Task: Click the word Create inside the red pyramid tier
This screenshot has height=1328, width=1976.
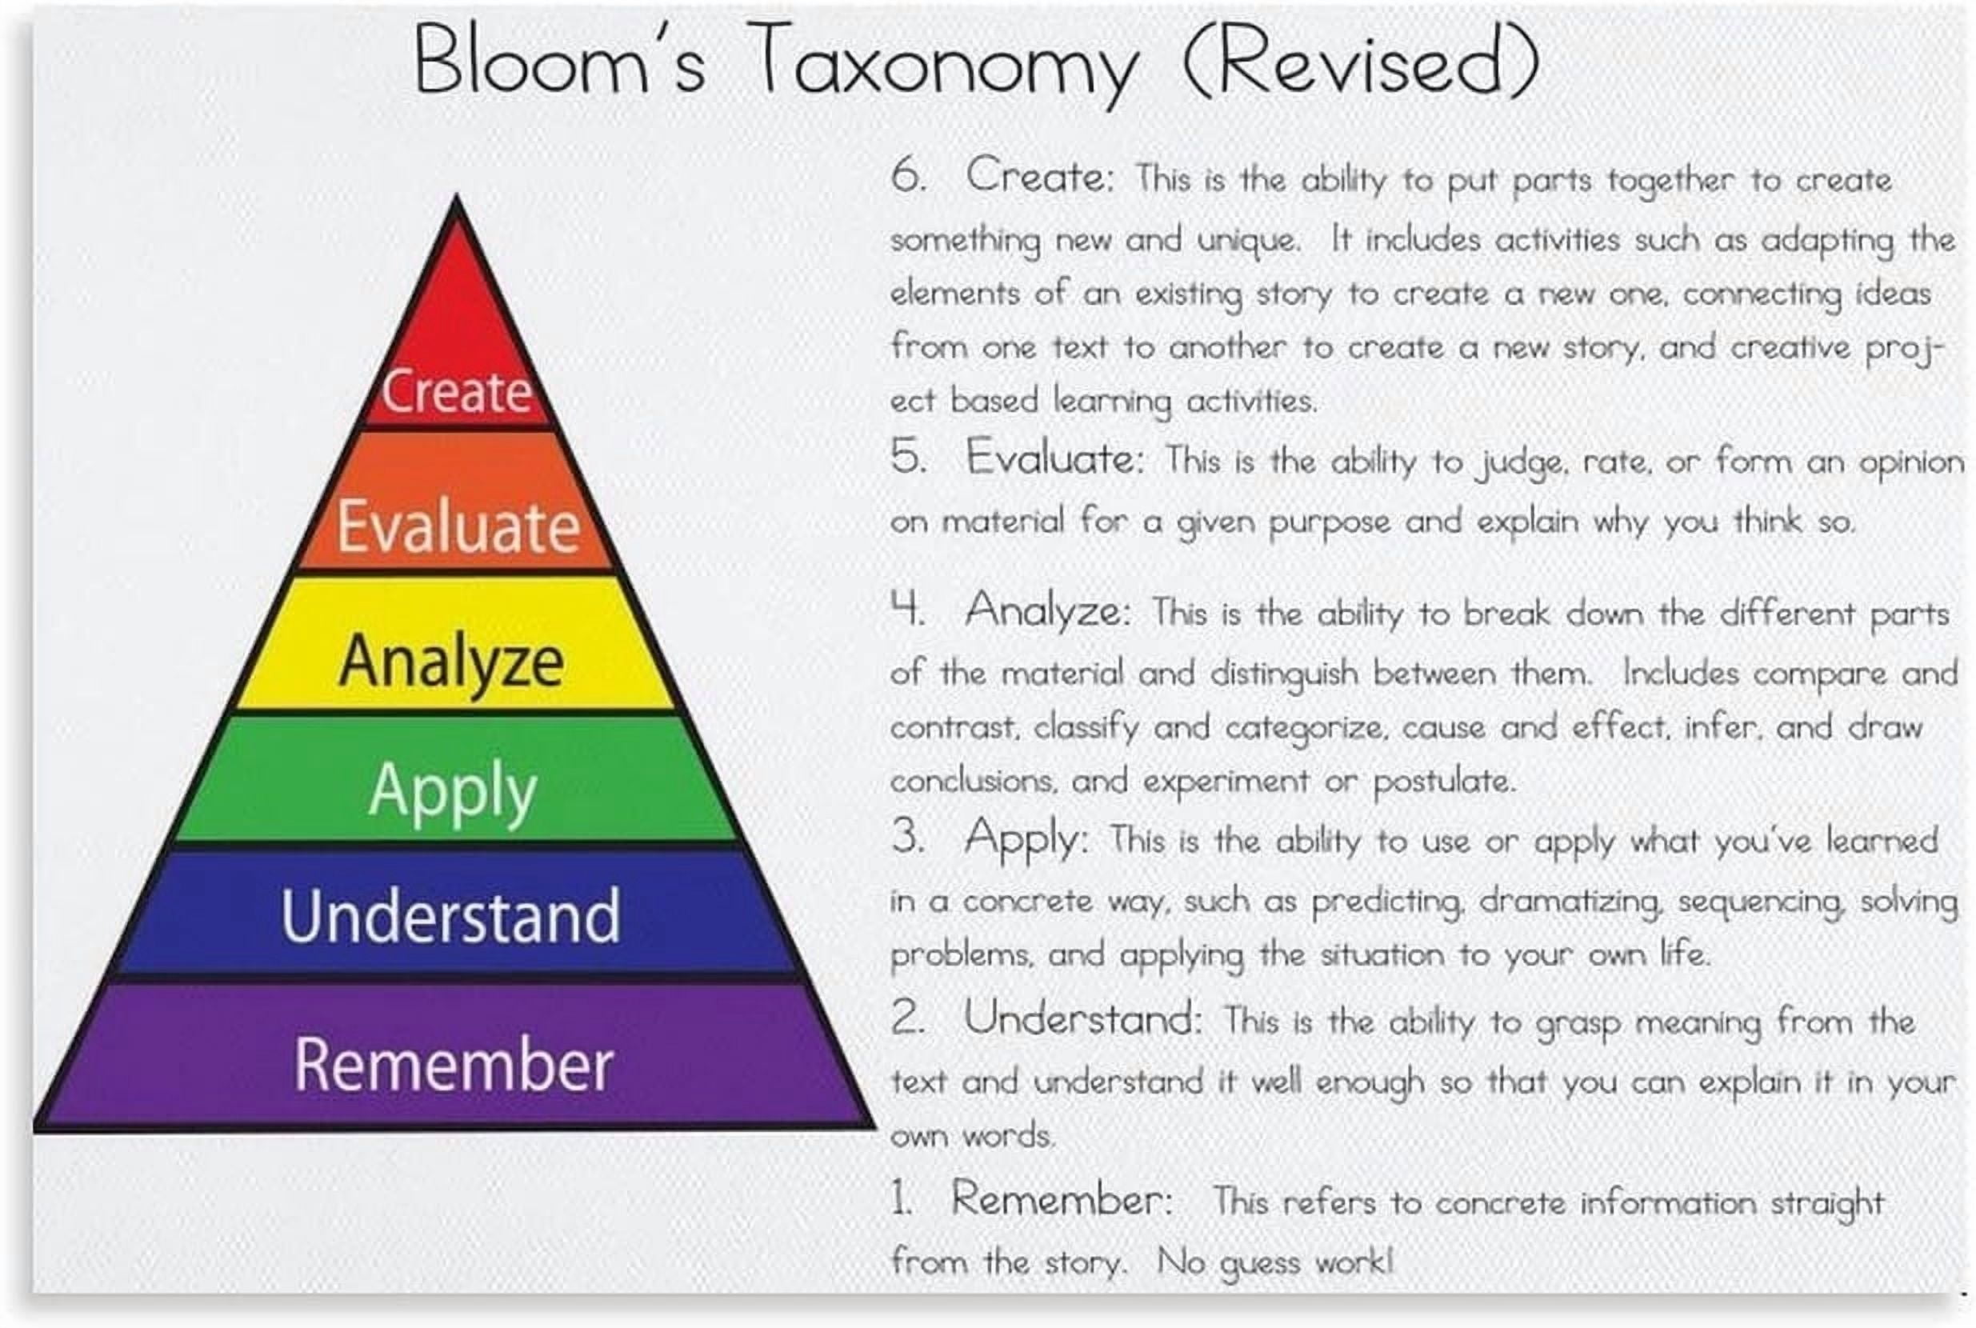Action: click(456, 391)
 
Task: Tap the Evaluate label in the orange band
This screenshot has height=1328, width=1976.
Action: click(458, 526)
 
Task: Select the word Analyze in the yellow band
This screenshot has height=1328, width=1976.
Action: click(451, 662)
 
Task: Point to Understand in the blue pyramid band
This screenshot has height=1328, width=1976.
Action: click(450, 916)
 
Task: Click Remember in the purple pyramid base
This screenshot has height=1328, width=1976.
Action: click(453, 1065)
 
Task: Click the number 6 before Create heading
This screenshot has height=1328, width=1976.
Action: click(907, 175)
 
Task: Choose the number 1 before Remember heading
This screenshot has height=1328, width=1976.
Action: click(900, 1198)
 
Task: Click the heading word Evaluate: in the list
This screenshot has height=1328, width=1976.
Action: click(1054, 458)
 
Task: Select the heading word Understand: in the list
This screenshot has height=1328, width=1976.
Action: click(1082, 1018)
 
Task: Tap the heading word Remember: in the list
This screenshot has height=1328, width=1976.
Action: click(1062, 1198)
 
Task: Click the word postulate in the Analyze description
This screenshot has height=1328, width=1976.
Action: click(1442, 782)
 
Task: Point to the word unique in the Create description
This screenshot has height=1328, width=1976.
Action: click(1247, 241)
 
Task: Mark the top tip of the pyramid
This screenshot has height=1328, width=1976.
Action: click(457, 198)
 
